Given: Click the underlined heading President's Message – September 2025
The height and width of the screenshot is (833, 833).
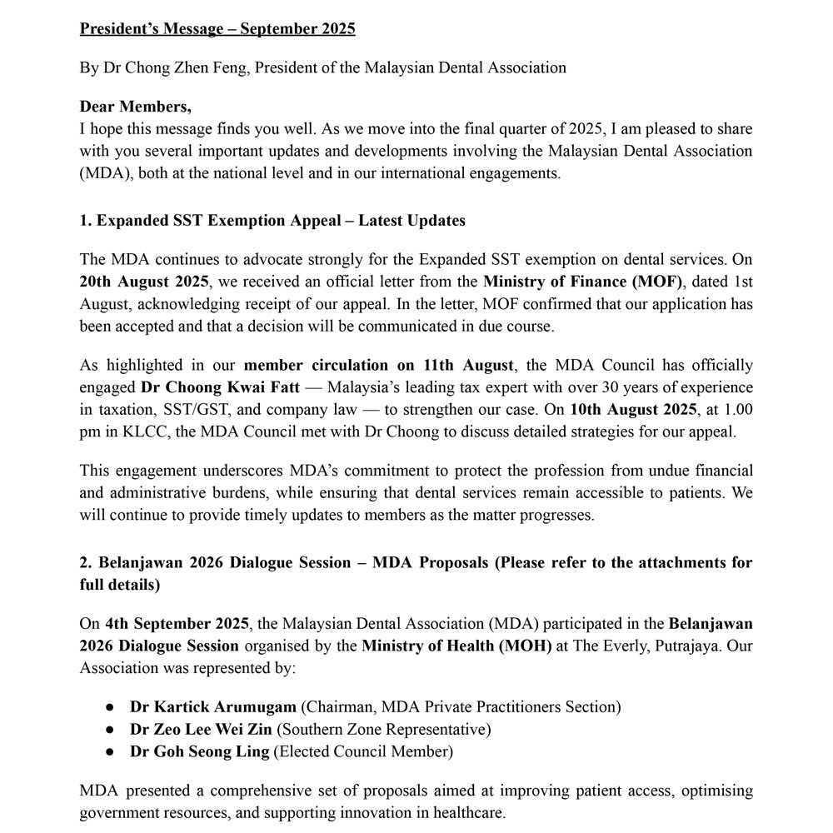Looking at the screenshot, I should (x=217, y=29).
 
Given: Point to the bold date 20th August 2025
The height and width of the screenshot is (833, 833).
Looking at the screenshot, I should (x=144, y=282).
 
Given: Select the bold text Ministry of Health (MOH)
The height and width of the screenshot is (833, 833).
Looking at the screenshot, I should (x=456, y=646).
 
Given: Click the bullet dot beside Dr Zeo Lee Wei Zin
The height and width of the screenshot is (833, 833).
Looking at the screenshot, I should (x=110, y=730).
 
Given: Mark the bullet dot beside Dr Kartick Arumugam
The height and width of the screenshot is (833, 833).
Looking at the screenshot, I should (x=110, y=707).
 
